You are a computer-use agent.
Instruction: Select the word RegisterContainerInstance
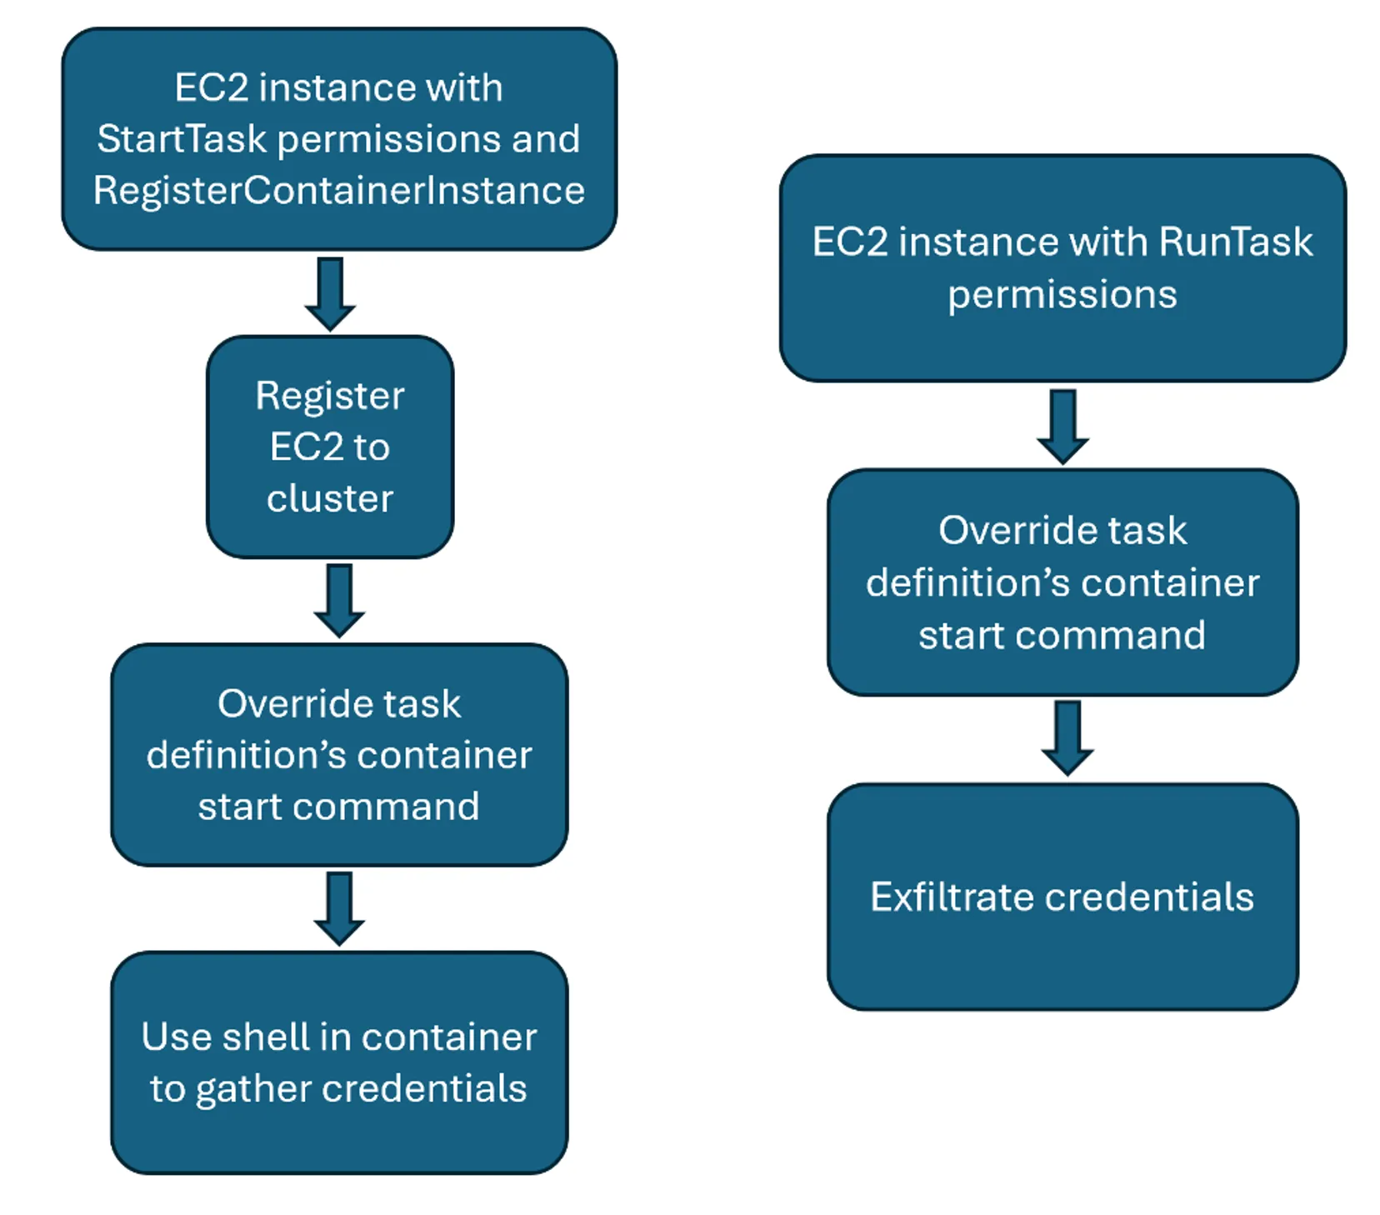click(x=338, y=190)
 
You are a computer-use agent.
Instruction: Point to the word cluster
click(x=330, y=498)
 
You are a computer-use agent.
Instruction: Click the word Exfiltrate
click(x=952, y=897)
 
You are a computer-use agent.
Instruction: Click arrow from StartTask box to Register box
click(x=330, y=293)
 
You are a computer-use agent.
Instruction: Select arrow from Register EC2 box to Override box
click(x=338, y=600)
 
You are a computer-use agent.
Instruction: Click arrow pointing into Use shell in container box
click(x=338, y=908)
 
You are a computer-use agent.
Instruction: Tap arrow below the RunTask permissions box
click(x=1062, y=426)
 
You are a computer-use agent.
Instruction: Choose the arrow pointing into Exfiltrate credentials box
click(x=1067, y=737)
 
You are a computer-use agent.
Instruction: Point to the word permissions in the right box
click(x=1062, y=294)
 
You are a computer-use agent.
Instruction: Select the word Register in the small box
click(x=330, y=395)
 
